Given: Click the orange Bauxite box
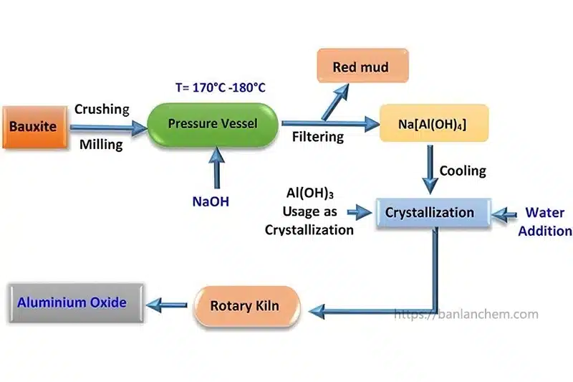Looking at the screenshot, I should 34,128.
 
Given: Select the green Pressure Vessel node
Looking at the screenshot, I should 212,124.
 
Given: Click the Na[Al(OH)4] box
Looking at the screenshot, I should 433,124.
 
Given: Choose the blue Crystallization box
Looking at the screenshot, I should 429,213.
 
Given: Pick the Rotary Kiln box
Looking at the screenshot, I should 244,306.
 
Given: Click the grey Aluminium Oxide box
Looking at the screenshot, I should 72,302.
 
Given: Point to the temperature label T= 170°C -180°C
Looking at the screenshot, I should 221,87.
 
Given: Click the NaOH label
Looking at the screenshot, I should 211,202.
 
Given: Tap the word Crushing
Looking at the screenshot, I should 102,110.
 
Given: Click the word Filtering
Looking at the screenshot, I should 317,136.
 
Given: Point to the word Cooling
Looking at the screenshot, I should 462,171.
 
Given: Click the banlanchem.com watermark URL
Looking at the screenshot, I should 466,315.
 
